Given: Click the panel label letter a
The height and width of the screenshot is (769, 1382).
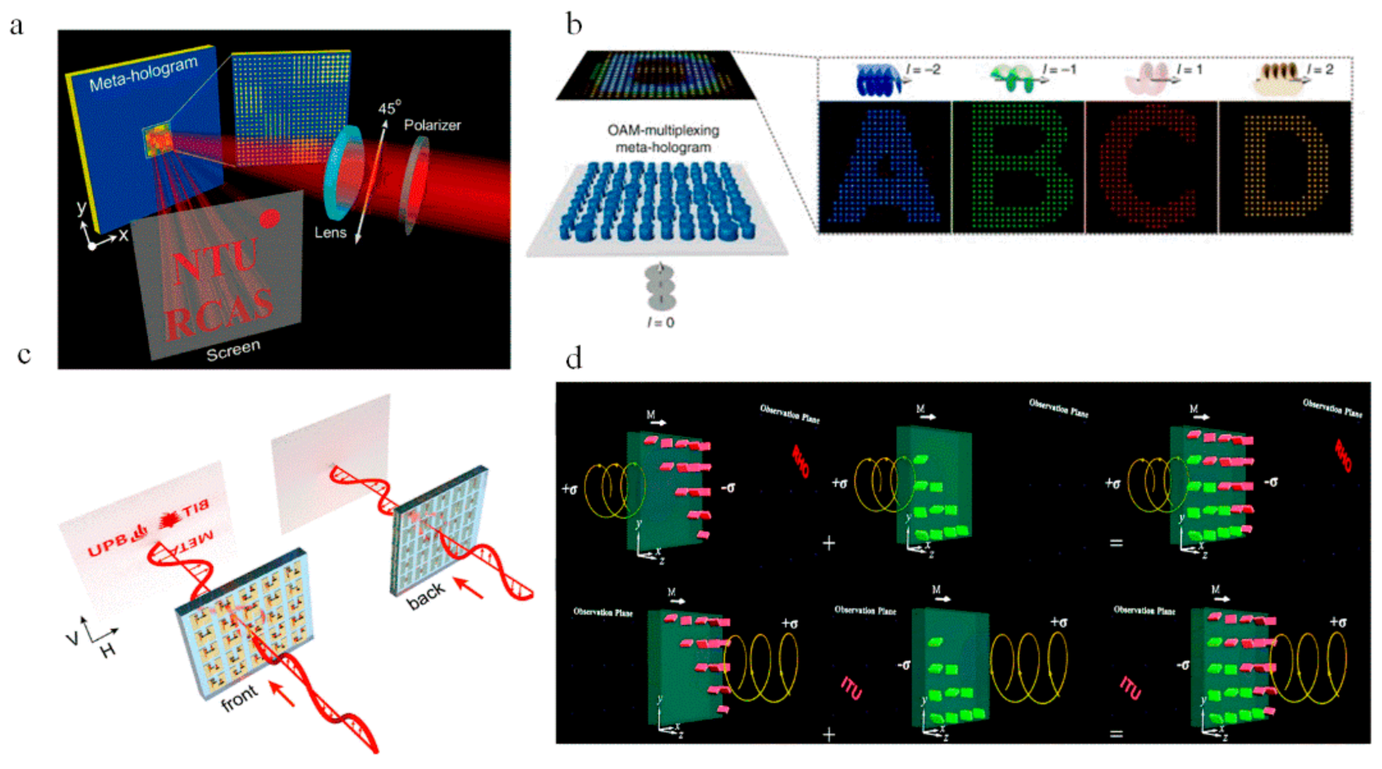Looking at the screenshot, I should coord(17,26).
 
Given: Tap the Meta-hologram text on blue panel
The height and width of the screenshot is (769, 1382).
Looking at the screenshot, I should coord(143,73).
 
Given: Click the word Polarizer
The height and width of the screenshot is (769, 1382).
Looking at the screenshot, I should coord(432,125).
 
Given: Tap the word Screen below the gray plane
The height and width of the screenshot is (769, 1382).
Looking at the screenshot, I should coord(233,350).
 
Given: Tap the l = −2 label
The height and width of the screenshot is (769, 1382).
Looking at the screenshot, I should coord(923,69).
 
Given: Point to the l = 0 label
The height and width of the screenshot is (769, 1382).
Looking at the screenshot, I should coord(660,322).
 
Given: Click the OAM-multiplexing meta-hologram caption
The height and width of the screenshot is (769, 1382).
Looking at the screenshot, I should coord(663,138).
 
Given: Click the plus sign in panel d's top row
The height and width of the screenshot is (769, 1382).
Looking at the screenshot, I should coord(829,543).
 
